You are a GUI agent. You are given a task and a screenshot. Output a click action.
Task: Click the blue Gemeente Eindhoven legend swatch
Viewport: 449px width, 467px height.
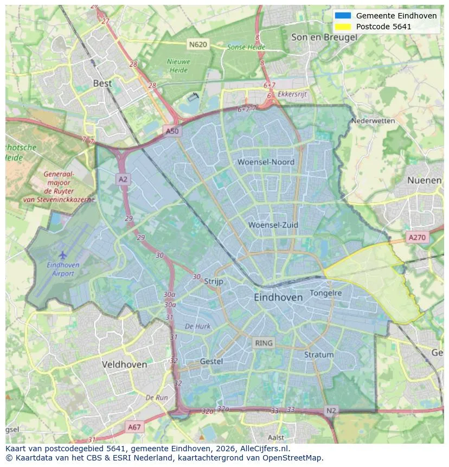343,16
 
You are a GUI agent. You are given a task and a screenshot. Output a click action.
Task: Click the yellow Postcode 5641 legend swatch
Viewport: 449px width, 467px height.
343,27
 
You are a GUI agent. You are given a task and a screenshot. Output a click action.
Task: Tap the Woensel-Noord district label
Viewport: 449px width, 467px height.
266,162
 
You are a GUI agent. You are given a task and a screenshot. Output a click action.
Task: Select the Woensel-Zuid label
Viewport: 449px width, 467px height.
273,225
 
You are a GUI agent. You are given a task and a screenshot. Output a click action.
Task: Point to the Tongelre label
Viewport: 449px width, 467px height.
325,293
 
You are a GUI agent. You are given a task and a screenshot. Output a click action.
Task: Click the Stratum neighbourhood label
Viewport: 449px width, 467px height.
318,355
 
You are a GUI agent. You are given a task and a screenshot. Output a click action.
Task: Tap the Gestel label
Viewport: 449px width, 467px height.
211,361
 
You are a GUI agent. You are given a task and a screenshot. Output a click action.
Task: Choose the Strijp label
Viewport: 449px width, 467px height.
214,281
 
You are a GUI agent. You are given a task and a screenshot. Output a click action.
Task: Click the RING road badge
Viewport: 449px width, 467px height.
264,343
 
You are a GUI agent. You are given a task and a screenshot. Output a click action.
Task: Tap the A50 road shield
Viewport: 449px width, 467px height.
171,131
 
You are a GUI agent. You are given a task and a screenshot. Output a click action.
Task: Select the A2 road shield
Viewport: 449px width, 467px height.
123,180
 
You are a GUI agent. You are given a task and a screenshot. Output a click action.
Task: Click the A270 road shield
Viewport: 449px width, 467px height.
417,237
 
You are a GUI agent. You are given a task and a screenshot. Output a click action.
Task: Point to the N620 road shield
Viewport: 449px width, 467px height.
198,44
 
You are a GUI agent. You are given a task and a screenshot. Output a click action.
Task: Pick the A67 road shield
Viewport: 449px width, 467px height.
134,427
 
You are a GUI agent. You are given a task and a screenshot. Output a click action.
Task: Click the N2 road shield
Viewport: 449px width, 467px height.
331,411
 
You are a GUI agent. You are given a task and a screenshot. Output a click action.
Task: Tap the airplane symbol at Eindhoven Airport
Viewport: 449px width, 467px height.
62,254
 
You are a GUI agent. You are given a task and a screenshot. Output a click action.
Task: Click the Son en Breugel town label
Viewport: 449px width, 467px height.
324,37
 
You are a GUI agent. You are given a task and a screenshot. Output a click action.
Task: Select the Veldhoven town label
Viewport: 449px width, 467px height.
124,364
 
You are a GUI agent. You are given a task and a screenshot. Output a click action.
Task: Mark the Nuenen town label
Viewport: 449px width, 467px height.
424,180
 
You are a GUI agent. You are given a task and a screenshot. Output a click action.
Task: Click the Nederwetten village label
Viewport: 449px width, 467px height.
373,120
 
